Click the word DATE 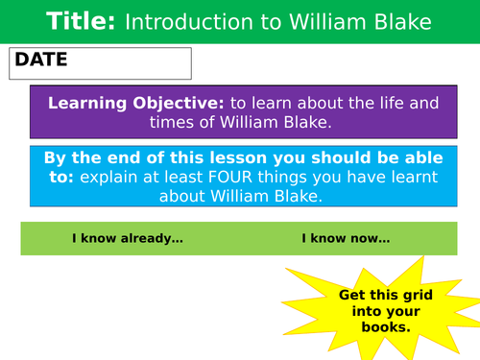pyautogui.click(x=40, y=60)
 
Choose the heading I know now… pyautogui.click(x=346, y=238)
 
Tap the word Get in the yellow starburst pyautogui.click(x=352, y=294)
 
